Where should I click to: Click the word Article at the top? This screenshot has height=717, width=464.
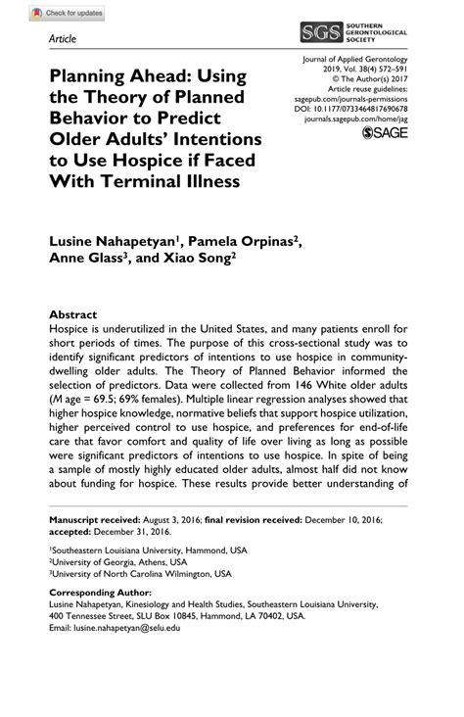click(62, 38)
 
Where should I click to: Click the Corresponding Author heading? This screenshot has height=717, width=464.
click(101, 594)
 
